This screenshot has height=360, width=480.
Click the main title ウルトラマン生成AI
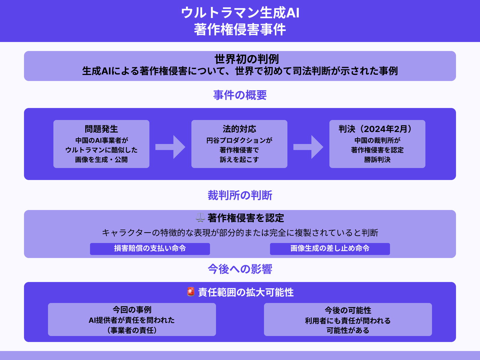click(x=240, y=13)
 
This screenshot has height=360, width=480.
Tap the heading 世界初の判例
click(x=247, y=59)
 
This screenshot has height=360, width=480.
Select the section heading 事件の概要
click(x=240, y=95)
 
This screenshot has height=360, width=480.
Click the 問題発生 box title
click(x=101, y=129)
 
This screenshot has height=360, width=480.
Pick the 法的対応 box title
click(x=239, y=129)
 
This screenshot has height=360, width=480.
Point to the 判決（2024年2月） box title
click(x=377, y=129)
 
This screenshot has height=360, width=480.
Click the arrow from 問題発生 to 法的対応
click(x=170, y=147)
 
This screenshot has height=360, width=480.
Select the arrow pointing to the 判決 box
click(x=308, y=147)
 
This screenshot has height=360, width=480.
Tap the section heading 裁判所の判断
click(x=240, y=195)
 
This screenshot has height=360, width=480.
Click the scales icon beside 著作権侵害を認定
click(x=200, y=217)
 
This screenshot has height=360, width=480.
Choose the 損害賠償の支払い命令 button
click(x=150, y=249)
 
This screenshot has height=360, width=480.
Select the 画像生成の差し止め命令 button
click(x=330, y=249)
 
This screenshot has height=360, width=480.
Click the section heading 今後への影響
click(x=240, y=269)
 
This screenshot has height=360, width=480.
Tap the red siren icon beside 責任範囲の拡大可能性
click(x=191, y=292)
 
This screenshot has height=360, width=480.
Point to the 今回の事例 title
click(x=132, y=310)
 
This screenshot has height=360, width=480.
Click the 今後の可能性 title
click(x=348, y=310)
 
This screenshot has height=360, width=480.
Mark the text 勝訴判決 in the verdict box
click(x=377, y=160)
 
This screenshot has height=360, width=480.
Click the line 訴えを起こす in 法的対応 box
click(x=239, y=160)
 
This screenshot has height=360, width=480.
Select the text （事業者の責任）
click(x=132, y=330)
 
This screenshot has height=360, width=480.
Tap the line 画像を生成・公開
click(x=101, y=160)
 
